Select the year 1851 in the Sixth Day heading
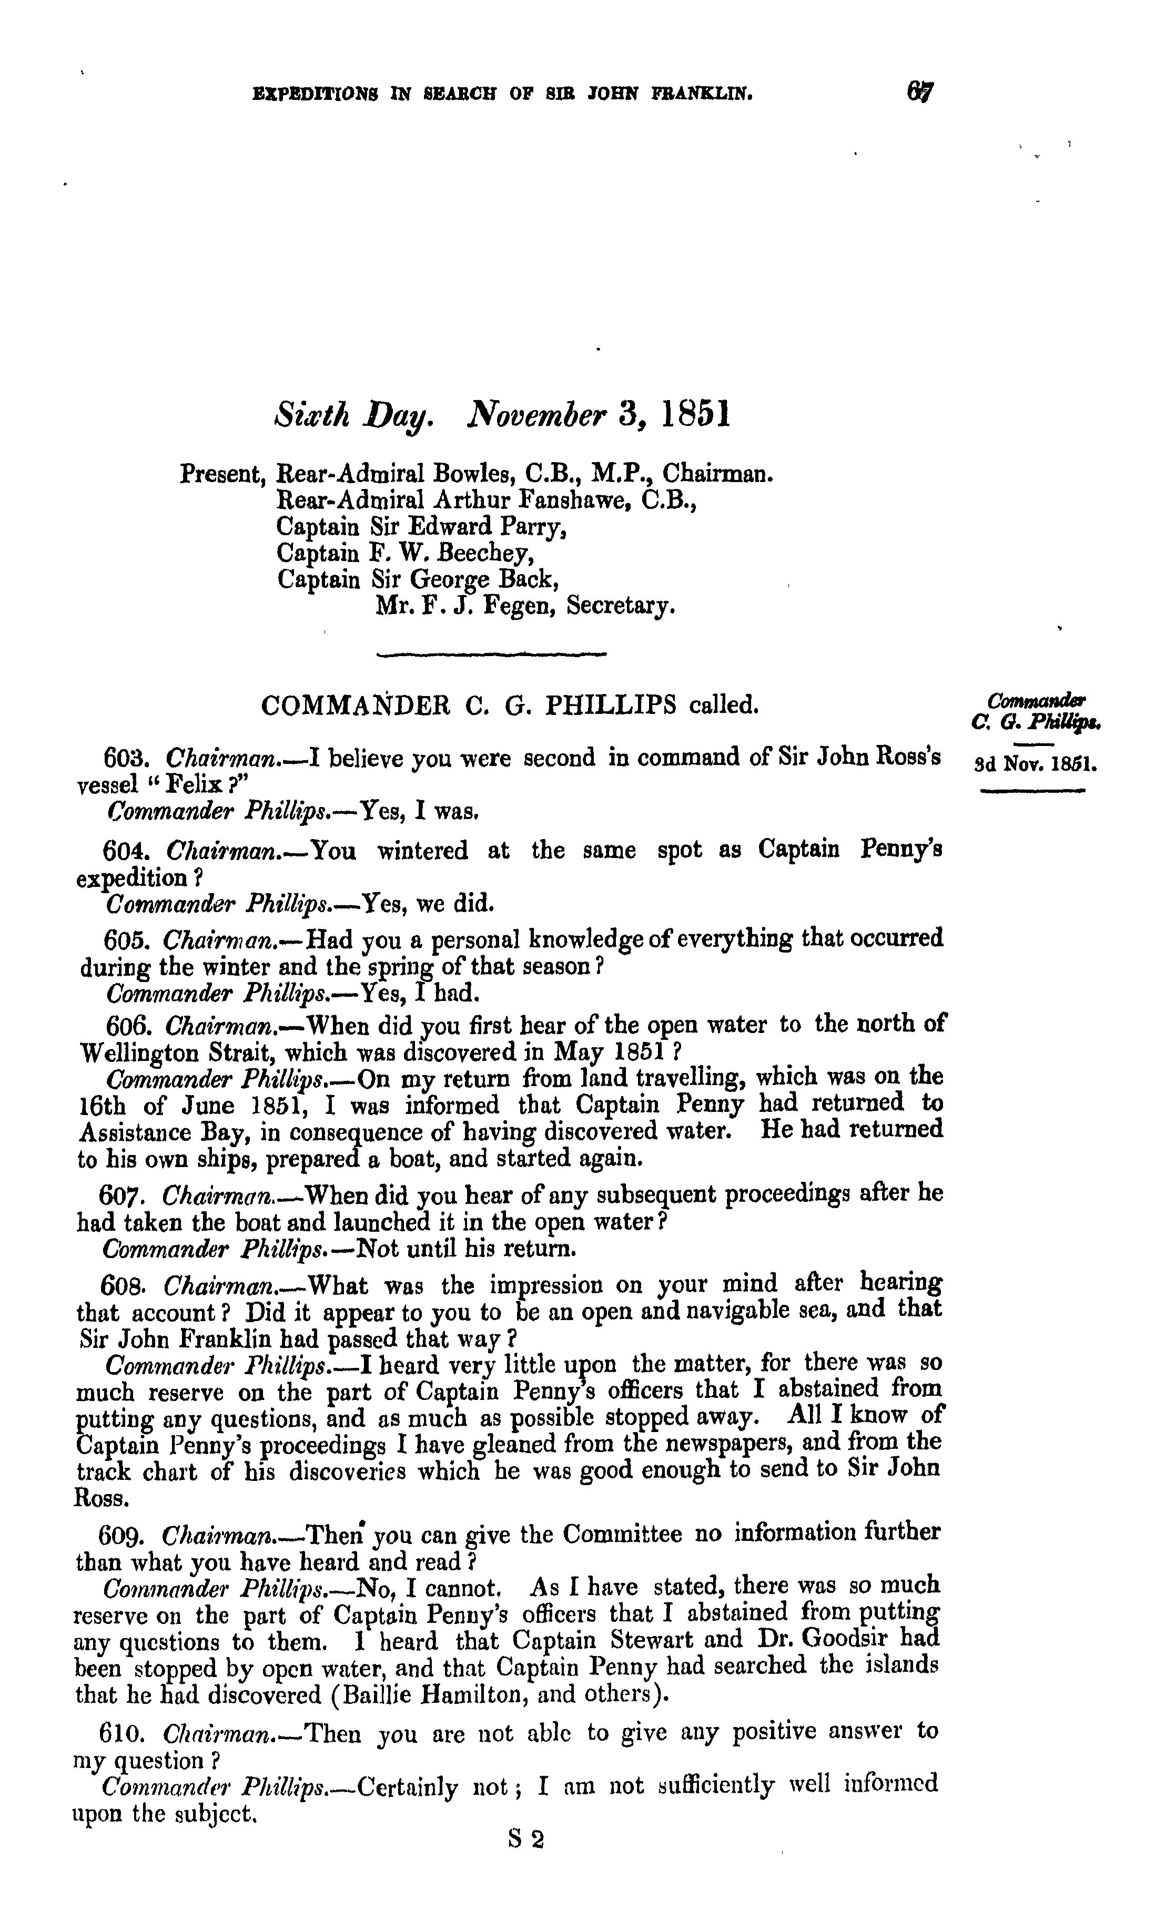click(x=696, y=415)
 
